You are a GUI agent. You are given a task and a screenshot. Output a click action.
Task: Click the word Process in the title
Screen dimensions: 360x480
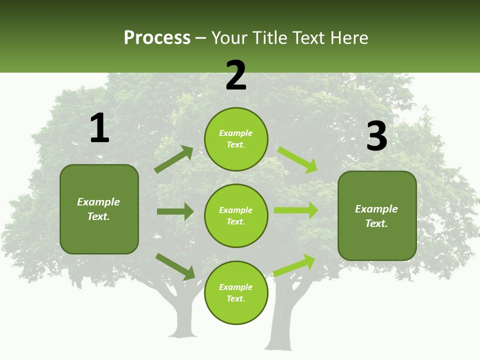pos(157,38)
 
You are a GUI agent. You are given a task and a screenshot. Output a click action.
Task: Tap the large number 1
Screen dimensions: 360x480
pos(99,128)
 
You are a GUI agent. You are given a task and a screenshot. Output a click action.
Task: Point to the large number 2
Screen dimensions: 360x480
pos(236,75)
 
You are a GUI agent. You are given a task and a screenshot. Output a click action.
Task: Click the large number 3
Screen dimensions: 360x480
pos(376,136)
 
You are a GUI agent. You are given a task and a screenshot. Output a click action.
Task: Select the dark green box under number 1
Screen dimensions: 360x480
pos(99,209)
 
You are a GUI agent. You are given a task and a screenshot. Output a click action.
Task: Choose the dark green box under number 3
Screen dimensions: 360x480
pos(377,216)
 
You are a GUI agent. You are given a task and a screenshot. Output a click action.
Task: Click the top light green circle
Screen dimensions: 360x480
pos(236,139)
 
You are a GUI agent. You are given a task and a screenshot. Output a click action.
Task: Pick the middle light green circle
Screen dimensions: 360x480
pos(236,216)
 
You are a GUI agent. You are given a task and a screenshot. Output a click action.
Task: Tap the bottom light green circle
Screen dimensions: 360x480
pos(236,293)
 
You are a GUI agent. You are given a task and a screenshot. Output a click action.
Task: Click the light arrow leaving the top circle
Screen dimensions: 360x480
pos(297,159)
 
